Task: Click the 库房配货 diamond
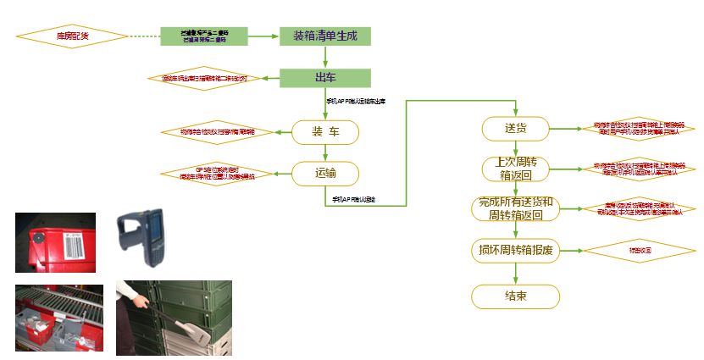coord(72,36)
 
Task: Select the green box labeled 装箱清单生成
coord(325,36)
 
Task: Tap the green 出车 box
coord(325,79)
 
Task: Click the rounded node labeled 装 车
coord(326,131)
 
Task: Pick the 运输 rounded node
coord(326,174)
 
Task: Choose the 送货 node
coord(516,129)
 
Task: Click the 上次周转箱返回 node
coord(516,169)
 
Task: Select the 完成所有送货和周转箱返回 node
coord(516,208)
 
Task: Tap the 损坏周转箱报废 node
coord(516,251)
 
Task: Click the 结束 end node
coord(516,296)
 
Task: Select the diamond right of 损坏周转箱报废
coord(640,251)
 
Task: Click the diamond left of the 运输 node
coord(218,174)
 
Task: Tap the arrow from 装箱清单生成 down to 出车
coord(325,58)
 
